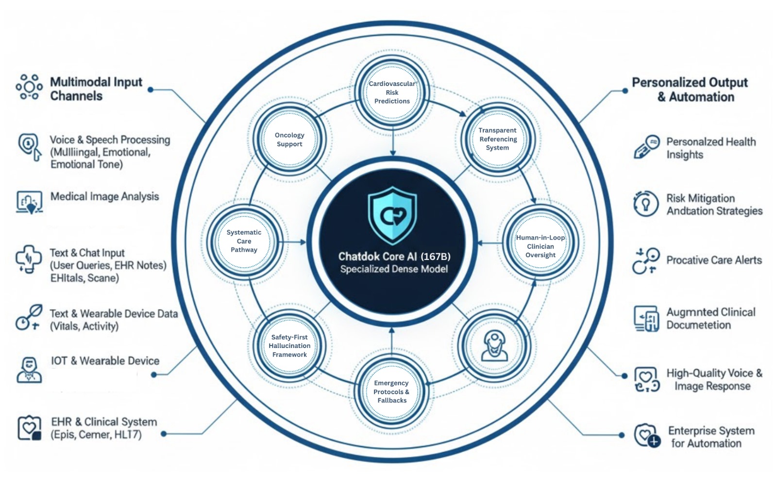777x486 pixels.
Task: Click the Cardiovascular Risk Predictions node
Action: [392, 92]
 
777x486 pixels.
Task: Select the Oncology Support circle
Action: [289, 139]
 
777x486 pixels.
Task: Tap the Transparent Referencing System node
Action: [497, 139]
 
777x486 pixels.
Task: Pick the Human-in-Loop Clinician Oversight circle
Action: [540, 246]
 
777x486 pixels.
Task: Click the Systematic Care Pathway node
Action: [244, 241]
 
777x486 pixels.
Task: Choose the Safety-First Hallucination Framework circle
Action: [289, 346]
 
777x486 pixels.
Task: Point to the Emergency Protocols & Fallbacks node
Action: [391, 392]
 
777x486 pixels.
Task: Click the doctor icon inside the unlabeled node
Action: [494, 346]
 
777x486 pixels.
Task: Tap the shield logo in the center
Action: [392, 215]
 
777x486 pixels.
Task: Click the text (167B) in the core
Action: [436, 256]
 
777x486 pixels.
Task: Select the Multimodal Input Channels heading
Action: [96, 89]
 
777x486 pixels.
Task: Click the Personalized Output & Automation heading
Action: [690, 89]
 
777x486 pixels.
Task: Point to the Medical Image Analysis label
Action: [104, 196]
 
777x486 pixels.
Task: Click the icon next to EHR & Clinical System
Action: [29, 428]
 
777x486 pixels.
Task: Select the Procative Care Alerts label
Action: [714, 260]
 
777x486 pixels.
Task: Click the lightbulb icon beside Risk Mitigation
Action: [645, 204]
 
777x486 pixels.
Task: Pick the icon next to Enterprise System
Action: [647, 435]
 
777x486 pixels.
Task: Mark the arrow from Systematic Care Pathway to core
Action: [294, 242]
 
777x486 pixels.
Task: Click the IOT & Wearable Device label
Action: [105, 361]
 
